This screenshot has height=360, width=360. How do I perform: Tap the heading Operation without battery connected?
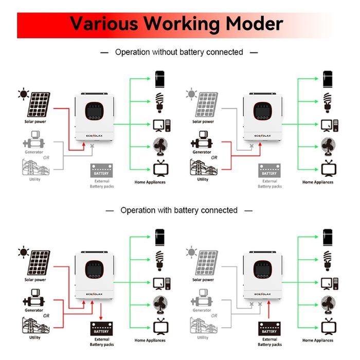(179, 52)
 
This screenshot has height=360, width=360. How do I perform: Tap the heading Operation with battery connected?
(179, 210)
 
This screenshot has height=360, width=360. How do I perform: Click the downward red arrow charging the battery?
(102, 312)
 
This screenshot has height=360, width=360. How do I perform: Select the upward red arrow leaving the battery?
(268, 312)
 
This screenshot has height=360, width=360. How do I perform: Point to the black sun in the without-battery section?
(23, 94)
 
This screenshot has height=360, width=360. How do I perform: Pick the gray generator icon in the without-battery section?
(34, 138)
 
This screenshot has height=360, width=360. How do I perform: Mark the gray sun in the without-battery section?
(192, 94)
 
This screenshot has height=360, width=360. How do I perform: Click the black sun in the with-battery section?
(23, 252)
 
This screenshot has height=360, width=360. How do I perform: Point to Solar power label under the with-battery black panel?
(35, 280)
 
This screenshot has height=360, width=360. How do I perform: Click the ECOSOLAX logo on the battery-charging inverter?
(95, 295)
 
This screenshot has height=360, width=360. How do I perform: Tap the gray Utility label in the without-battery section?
(34, 179)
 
